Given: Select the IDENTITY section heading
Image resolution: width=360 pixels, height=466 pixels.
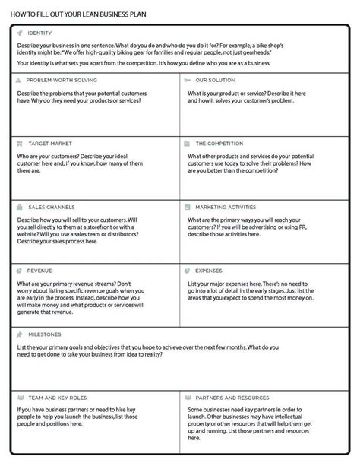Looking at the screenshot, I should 39,33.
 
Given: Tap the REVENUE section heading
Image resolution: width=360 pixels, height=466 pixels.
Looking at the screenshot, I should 39,270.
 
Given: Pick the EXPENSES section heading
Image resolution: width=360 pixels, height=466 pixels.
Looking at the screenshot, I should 209,270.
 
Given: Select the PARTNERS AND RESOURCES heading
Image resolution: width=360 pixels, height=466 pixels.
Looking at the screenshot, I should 232,398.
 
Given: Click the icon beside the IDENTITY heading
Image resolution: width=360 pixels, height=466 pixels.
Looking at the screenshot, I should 18,33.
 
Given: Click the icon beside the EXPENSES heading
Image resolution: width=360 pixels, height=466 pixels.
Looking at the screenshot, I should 186,270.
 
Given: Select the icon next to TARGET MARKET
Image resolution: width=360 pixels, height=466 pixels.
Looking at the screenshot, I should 18,143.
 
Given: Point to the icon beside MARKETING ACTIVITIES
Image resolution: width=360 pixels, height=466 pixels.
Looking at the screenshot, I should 186,207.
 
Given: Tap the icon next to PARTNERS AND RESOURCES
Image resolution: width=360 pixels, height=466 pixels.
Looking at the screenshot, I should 186,398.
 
